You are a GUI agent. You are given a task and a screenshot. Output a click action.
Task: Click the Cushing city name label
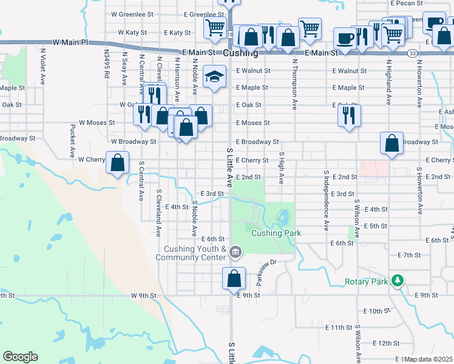[240, 53]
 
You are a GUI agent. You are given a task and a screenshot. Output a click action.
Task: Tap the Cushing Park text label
[276, 233]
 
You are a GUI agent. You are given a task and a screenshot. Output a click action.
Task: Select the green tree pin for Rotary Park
[398, 280]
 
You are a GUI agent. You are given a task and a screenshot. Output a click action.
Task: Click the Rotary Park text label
[366, 281]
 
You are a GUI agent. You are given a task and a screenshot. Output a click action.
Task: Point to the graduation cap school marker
[212, 76]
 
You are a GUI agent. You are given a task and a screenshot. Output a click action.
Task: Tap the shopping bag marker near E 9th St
[234, 280]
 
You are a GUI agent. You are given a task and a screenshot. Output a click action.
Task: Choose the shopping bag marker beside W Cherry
[118, 163]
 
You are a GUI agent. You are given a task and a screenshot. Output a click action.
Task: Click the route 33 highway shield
[412, 53]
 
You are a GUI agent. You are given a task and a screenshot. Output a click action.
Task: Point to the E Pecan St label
[406, 3]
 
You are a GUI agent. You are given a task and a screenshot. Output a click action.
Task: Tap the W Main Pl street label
[70, 42]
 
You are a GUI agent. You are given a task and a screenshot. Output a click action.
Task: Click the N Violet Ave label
[43, 66]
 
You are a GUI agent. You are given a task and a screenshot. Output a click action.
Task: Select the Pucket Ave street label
[72, 141]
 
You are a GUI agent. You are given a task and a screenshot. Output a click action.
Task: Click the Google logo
[20, 356]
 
